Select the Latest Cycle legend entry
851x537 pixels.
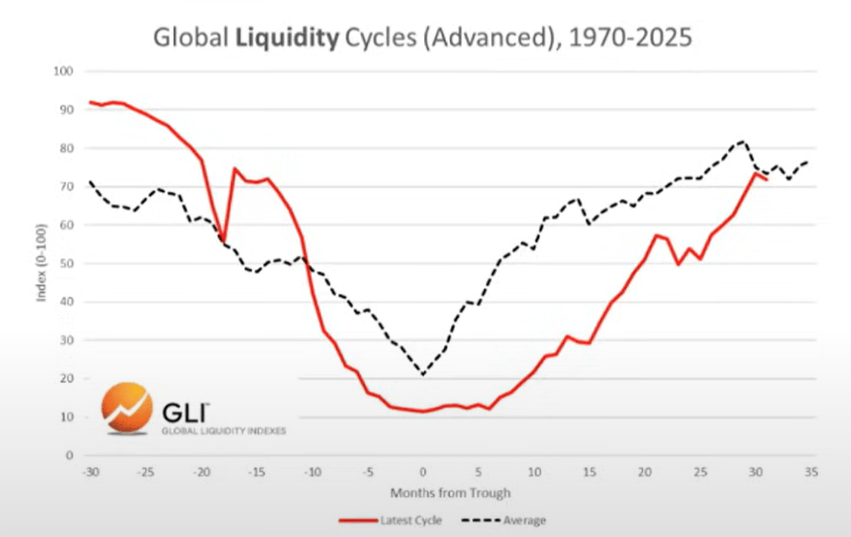392,521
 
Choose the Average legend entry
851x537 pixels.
505,521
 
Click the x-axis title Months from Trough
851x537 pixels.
450,492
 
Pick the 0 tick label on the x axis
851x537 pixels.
423,471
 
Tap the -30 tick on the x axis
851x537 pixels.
90,471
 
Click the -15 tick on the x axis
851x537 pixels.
257,471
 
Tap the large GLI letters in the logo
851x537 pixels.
185,413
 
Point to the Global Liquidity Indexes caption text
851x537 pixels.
223,432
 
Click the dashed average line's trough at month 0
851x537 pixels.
423,375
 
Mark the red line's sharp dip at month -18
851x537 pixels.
223,241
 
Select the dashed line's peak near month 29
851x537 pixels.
743,141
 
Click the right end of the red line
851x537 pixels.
766,179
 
